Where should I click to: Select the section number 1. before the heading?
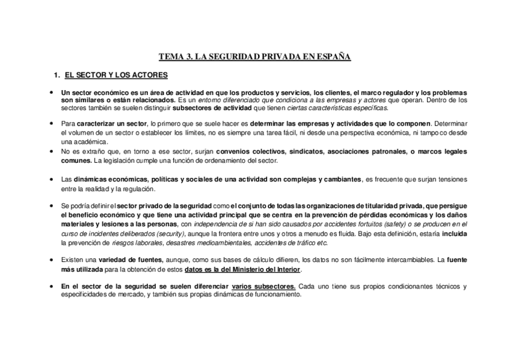(x=57, y=75)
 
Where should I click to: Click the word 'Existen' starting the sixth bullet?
(x=73, y=260)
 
